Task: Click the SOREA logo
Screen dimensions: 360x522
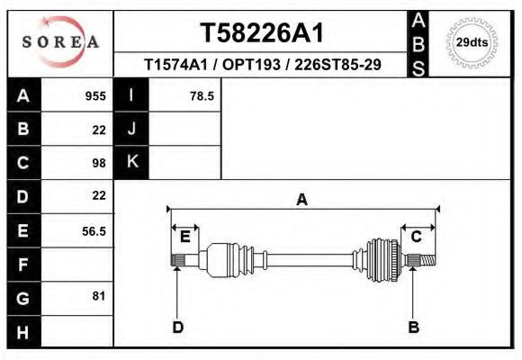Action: click(59, 41)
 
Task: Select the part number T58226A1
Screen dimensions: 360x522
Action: click(261, 33)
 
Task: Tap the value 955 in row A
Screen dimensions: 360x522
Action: click(95, 95)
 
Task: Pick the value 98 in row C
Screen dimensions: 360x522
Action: click(98, 163)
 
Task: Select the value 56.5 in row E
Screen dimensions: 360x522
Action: click(94, 230)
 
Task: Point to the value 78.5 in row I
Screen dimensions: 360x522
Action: click(202, 95)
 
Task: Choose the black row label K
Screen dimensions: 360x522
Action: click(131, 162)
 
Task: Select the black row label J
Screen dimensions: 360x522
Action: click(131, 129)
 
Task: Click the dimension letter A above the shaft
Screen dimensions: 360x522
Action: click(302, 200)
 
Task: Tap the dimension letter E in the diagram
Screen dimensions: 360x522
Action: click(184, 237)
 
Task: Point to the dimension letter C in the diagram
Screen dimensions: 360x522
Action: click(416, 237)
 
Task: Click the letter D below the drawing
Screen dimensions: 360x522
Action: click(177, 327)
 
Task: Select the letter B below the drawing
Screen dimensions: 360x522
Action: click(413, 327)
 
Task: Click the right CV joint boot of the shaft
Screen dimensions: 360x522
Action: click(382, 260)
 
